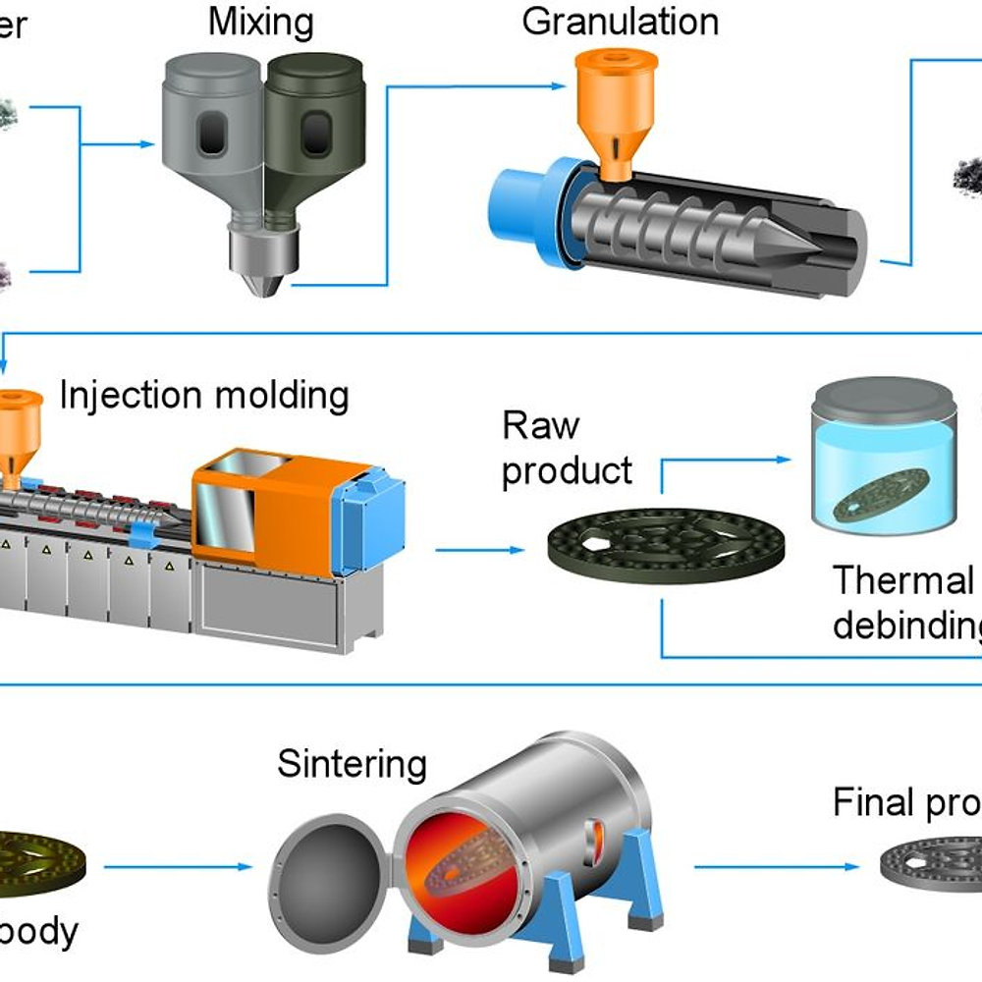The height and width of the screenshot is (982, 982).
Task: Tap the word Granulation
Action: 620,21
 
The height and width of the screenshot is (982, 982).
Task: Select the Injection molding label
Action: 204,395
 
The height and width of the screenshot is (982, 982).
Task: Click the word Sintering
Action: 352,763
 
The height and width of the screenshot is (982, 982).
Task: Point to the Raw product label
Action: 567,448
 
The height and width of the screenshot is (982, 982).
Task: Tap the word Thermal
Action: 901,580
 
